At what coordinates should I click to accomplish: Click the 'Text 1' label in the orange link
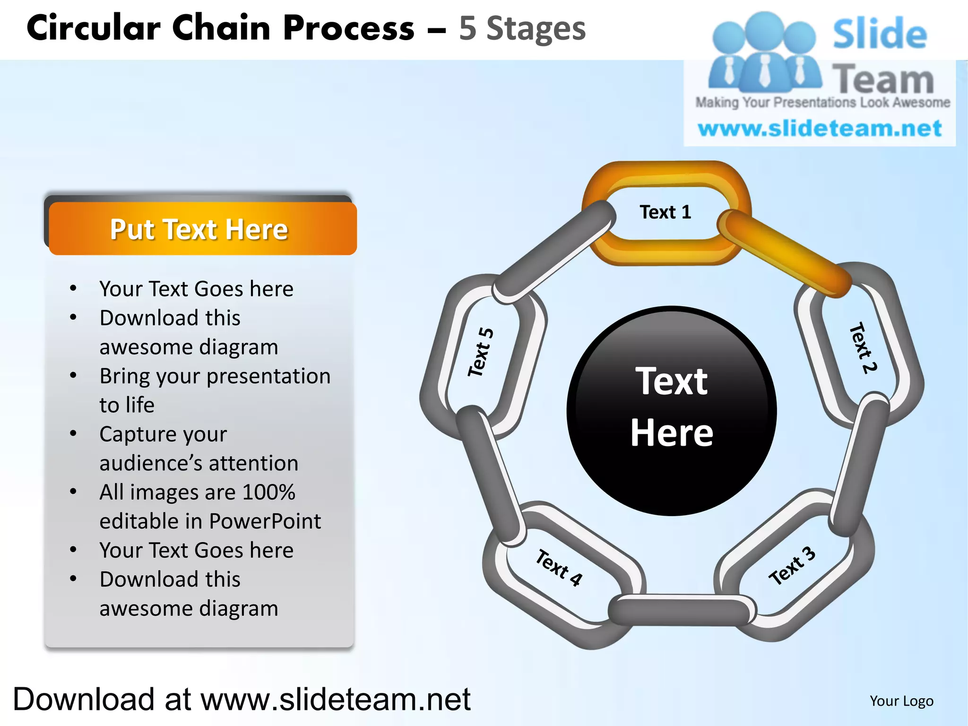click(x=665, y=212)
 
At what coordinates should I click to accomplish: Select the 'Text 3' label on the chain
click(x=792, y=566)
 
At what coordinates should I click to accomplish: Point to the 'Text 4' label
click(x=559, y=568)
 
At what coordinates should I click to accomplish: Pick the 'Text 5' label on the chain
click(x=481, y=352)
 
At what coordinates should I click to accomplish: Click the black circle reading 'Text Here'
click(x=671, y=410)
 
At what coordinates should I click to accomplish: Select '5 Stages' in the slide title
click(x=522, y=28)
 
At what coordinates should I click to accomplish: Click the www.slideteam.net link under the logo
click(x=820, y=129)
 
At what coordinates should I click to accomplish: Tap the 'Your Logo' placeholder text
click(x=901, y=701)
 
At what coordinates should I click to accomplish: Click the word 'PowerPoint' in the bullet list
click(x=265, y=521)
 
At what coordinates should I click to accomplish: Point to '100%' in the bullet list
click(x=268, y=492)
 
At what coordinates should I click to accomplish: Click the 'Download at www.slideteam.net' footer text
click(x=242, y=700)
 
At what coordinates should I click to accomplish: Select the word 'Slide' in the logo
click(x=879, y=34)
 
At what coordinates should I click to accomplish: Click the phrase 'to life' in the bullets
click(x=127, y=405)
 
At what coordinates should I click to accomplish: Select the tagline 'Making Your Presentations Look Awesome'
click(x=822, y=103)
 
